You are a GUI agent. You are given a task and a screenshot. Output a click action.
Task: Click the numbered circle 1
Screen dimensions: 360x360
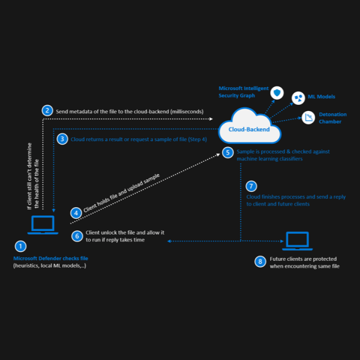click(x=20, y=246)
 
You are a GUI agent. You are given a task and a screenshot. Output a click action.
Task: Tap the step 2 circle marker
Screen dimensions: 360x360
click(x=46, y=110)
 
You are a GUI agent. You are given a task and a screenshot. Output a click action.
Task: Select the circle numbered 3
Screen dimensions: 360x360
click(x=62, y=139)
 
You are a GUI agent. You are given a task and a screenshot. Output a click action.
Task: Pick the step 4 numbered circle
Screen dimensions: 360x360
click(x=76, y=212)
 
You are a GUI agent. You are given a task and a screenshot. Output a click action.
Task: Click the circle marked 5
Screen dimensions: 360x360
click(x=227, y=152)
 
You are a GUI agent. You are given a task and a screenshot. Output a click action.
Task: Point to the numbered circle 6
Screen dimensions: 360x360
click(x=77, y=236)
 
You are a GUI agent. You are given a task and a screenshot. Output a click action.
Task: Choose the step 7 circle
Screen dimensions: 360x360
click(x=251, y=186)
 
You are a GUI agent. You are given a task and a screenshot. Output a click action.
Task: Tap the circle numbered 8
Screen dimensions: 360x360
click(x=260, y=261)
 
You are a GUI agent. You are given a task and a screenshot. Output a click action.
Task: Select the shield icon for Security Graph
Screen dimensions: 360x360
click(x=277, y=93)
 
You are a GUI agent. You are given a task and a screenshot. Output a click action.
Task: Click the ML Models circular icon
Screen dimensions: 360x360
click(x=298, y=97)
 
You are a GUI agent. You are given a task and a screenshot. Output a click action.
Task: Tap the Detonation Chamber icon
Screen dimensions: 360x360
click(x=309, y=118)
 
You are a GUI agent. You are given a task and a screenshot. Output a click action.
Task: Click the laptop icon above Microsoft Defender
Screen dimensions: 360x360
click(x=43, y=225)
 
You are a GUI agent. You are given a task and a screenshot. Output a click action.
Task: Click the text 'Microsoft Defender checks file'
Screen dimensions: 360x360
click(x=52, y=258)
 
